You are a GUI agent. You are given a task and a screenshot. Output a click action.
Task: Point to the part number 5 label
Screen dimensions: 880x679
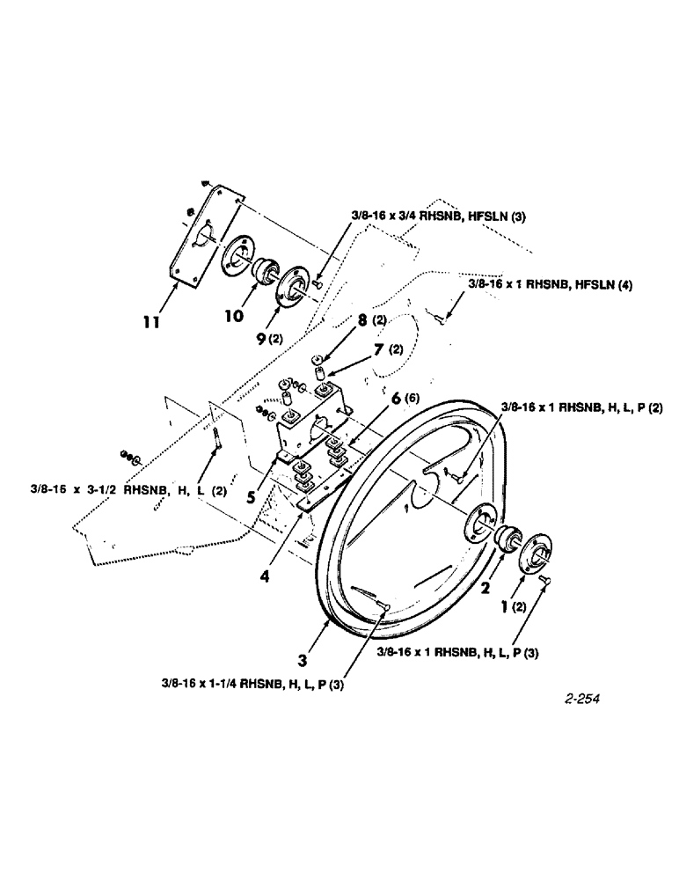[252, 495]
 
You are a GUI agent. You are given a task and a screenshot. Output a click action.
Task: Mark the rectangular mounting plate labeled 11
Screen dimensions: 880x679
[208, 233]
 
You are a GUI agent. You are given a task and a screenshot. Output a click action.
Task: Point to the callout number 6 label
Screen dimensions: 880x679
[397, 399]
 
